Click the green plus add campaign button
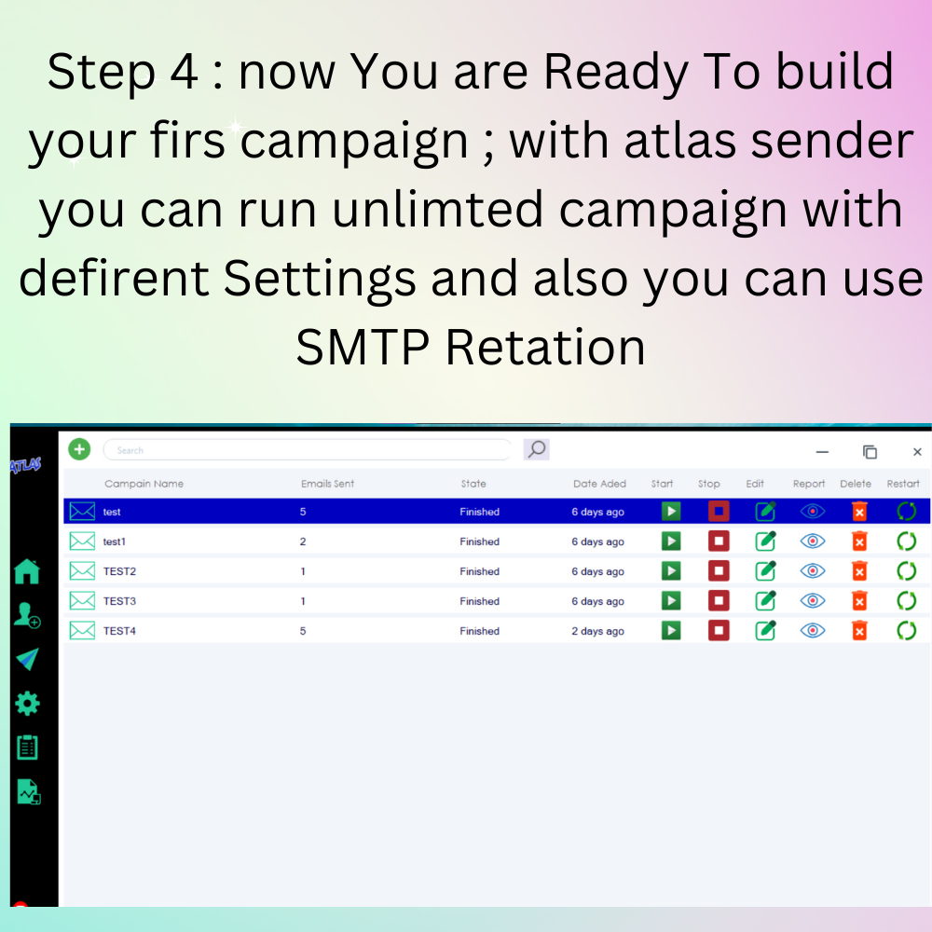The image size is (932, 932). click(x=79, y=449)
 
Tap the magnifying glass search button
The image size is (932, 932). click(x=536, y=449)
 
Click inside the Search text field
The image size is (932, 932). click(x=307, y=450)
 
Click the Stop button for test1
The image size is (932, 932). click(x=719, y=541)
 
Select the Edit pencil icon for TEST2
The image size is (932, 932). click(x=765, y=570)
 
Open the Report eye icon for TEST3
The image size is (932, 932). click(x=813, y=600)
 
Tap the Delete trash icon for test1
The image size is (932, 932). click(x=859, y=541)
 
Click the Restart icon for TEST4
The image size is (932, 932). click(x=907, y=630)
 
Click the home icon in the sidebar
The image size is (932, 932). click(x=27, y=571)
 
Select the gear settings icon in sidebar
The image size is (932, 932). click(x=27, y=704)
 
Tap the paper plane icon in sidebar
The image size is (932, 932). click(x=27, y=659)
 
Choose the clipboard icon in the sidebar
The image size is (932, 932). click(x=27, y=747)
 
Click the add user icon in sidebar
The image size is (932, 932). click(x=27, y=614)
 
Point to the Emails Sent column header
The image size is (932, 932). click(x=327, y=483)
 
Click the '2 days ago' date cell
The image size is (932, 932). click(x=598, y=631)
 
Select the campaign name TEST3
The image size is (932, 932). click(x=119, y=601)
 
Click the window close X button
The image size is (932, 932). click(x=917, y=452)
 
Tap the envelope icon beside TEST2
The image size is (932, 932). click(x=82, y=570)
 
